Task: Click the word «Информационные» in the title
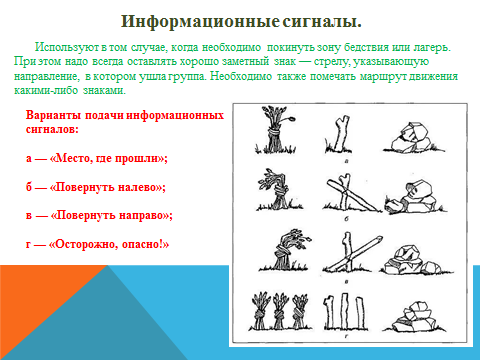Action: [200, 22]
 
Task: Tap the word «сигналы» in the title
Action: [320, 22]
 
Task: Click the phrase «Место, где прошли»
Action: [108, 158]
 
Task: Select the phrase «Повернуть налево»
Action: [107, 187]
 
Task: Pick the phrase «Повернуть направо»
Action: [111, 215]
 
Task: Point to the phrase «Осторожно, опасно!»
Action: [109, 244]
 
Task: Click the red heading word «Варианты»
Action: [53, 115]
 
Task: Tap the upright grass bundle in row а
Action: [275, 131]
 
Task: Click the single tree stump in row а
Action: [338, 134]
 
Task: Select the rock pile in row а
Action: [413, 138]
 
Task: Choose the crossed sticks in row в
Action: [352, 253]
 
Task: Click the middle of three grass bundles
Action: [279, 311]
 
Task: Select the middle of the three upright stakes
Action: [345, 311]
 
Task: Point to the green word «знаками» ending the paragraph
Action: [104, 90]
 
